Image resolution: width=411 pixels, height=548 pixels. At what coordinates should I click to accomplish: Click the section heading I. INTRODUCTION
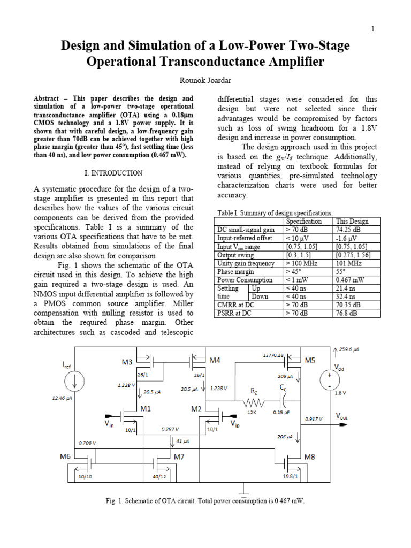click(113, 173)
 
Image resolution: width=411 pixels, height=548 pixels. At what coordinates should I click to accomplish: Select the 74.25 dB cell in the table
click(348, 230)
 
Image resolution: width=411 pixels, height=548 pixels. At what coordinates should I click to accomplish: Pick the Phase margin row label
click(235, 272)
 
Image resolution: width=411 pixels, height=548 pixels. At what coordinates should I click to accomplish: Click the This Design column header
click(352, 221)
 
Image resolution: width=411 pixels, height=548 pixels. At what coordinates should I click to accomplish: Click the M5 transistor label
click(309, 360)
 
